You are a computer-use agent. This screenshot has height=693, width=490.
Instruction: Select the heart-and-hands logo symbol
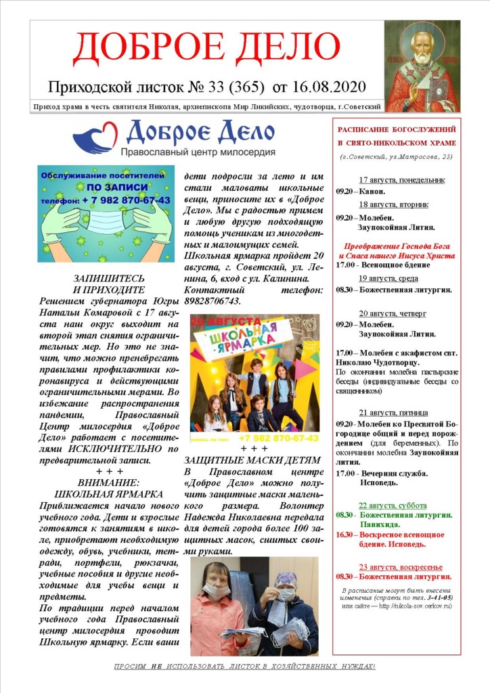pos(95,137)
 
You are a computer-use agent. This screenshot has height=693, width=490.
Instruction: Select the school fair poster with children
pos(254,373)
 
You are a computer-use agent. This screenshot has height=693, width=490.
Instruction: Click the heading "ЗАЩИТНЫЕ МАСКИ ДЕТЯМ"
pos(252,460)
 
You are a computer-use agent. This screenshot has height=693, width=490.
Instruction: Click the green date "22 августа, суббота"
pos(393,505)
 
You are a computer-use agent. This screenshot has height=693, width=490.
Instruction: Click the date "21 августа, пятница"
pos(393,412)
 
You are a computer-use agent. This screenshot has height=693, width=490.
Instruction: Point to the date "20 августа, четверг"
pos(393,313)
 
